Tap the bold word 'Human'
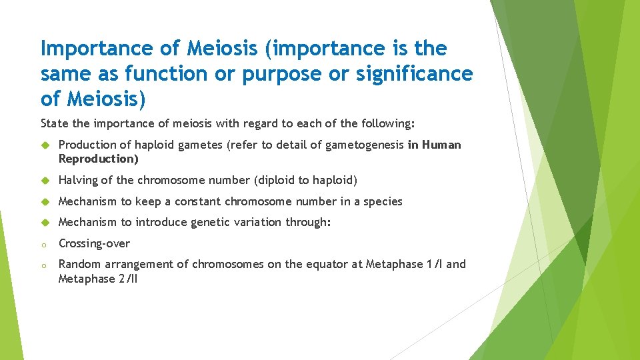tap(440, 145)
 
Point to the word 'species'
tap(382, 201)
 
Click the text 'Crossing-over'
tap(94, 243)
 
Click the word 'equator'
tap(324, 265)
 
